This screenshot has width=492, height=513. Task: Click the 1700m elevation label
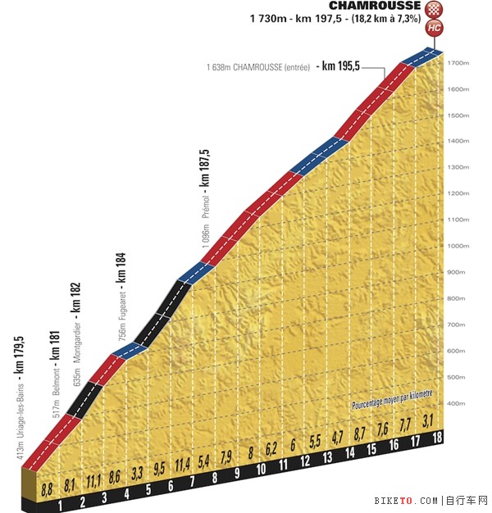[458, 63]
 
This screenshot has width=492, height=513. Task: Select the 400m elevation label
[458, 403]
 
